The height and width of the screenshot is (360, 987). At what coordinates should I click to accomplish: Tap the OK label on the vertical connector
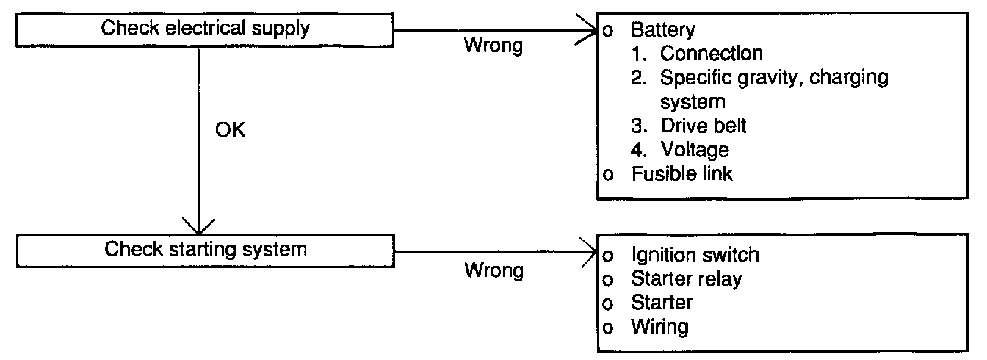point(230,130)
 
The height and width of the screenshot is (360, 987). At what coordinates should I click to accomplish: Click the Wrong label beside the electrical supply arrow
point(493,46)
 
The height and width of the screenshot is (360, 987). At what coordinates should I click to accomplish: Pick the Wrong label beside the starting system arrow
point(494,270)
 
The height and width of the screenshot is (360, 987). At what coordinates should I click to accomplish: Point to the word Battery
point(663,30)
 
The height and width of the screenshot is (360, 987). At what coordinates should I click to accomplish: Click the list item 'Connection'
point(711,54)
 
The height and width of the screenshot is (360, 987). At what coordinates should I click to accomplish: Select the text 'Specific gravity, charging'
point(774,78)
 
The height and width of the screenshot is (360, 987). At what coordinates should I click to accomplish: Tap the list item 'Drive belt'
point(704,126)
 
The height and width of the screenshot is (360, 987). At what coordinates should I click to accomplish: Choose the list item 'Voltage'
point(695,151)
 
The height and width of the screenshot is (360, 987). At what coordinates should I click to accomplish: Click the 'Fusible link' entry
point(681,173)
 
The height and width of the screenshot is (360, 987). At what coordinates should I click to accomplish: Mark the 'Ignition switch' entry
point(695,255)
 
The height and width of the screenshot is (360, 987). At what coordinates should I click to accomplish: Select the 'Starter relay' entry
point(687,279)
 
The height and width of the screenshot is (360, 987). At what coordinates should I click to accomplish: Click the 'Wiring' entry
point(659,327)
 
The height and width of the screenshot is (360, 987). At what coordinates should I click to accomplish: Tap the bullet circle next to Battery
point(607,31)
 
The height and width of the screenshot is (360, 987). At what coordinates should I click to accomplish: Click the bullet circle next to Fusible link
point(607,175)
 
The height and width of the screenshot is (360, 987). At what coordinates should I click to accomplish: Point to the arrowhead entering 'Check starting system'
point(199,226)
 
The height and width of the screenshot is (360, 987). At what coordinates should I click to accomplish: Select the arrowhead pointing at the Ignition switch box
point(589,252)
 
